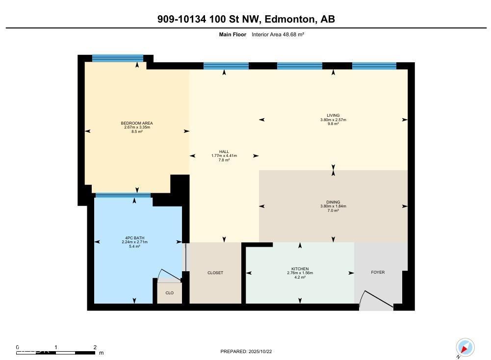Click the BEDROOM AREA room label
tap(137, 123)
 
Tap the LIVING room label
tap(334, 116)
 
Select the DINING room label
tap(333, 202)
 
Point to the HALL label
tap(224, 152)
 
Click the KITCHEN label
tap(300, 269)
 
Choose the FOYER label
tap(378, 272)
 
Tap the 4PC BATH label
tap(134, 238)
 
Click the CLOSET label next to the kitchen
tap(215, 273)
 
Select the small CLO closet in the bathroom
tap(169, 293)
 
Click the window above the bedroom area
tap(118, 58)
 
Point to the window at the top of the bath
tap(123, 195)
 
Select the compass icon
tap(465, 348)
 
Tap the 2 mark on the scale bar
tap(95, 347)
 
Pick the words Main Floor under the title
tap(233, 34)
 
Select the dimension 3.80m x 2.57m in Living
tap(334, 120)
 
